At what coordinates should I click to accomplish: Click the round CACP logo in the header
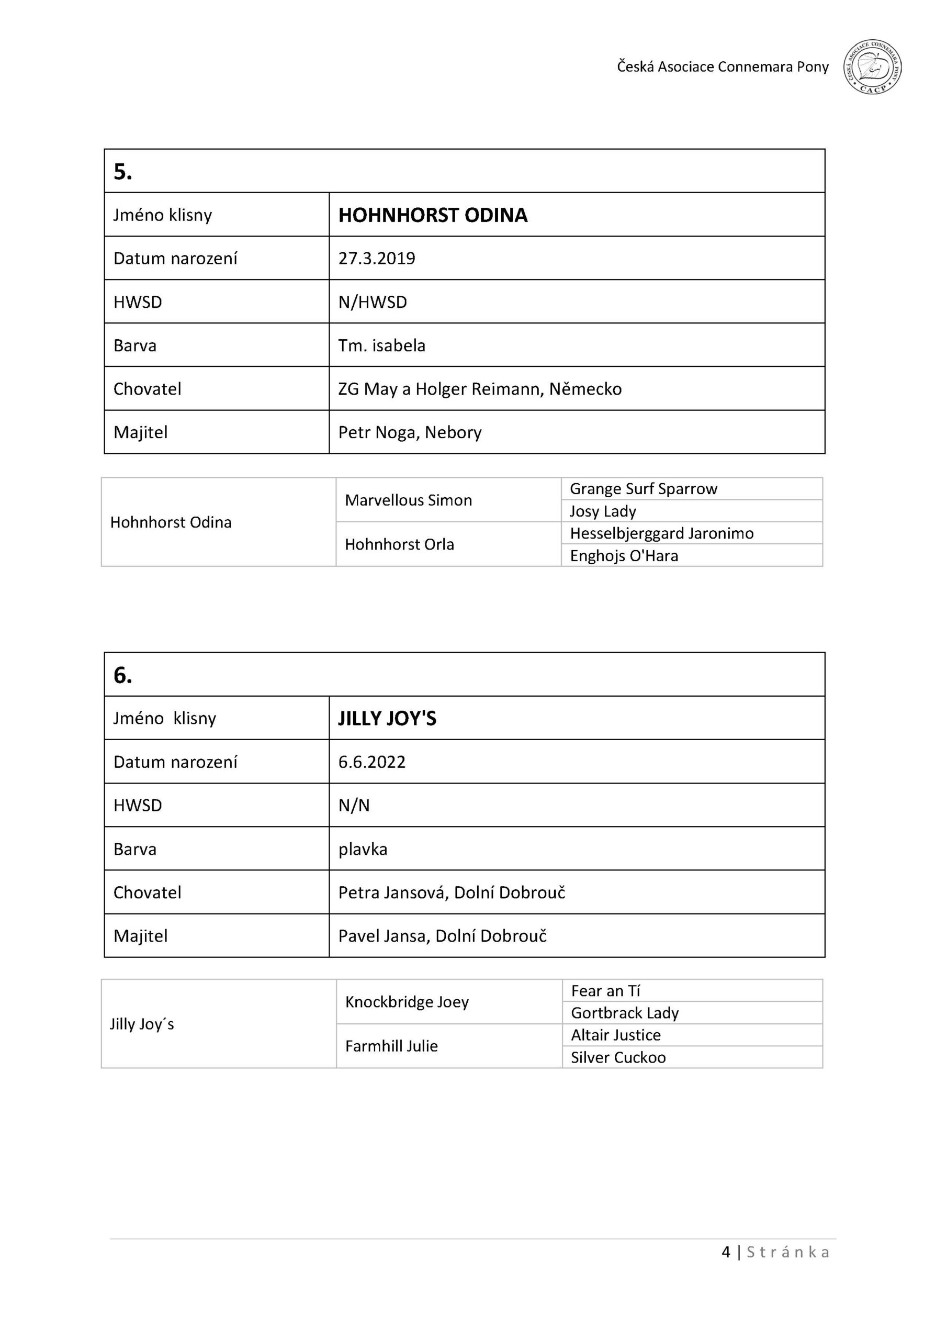(872, 67)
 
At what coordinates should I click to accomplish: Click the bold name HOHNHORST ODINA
(432, 215)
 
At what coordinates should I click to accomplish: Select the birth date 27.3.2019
(376, 259)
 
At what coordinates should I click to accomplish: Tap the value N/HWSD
(373, 303)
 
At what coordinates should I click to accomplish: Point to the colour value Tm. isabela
(381, 345)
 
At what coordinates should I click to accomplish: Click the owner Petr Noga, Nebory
(410, 432)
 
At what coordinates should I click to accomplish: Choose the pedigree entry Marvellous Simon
(408, 500)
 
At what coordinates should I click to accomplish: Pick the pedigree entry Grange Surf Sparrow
(643, 489)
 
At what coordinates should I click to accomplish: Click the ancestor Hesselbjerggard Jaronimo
(661, 533)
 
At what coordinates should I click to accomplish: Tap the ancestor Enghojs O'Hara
(624, 555)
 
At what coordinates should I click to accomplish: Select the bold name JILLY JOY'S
(387, 719)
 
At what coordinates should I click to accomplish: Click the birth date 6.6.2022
(371, 762)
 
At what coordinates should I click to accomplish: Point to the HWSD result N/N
(354, 806)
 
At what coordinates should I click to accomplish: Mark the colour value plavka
(363, 849)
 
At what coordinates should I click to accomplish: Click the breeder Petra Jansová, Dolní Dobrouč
(451, 892)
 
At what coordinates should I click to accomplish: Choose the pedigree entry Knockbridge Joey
(407, 1002)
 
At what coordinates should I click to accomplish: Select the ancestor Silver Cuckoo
(618, 1057)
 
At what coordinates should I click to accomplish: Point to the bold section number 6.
(122, 675)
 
